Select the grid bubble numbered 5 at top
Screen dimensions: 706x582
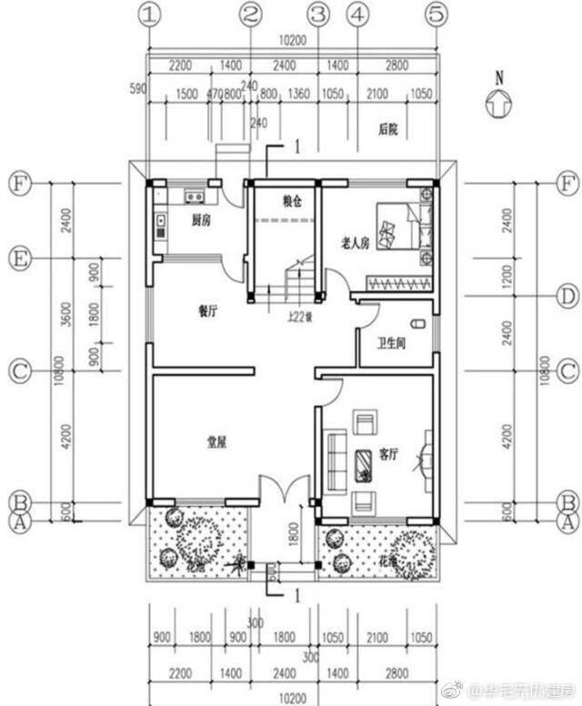pos(438,14)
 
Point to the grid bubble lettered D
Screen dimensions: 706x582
pos(567,296)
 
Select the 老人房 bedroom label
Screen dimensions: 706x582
pos(355,243)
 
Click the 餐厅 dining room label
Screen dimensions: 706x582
pos(208,310)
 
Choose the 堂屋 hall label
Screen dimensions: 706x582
pos(216,442)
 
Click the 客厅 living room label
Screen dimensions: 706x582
pos(388,454)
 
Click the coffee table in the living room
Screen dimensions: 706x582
pos(362,466)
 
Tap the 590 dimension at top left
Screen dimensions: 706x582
pos(138,88)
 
